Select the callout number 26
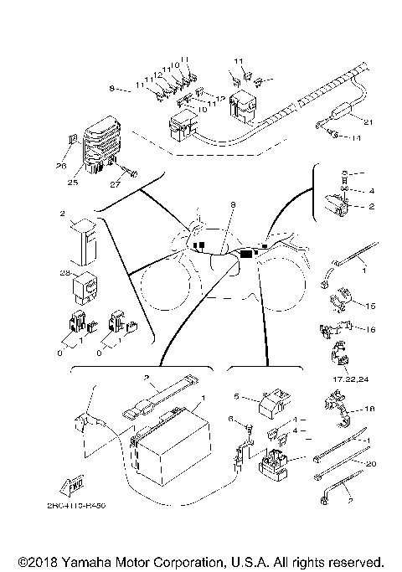(61, 166)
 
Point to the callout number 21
(369, 122)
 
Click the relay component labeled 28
(86, 287)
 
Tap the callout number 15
(372, 306)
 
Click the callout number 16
(372, 330)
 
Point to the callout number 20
(371, 462)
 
